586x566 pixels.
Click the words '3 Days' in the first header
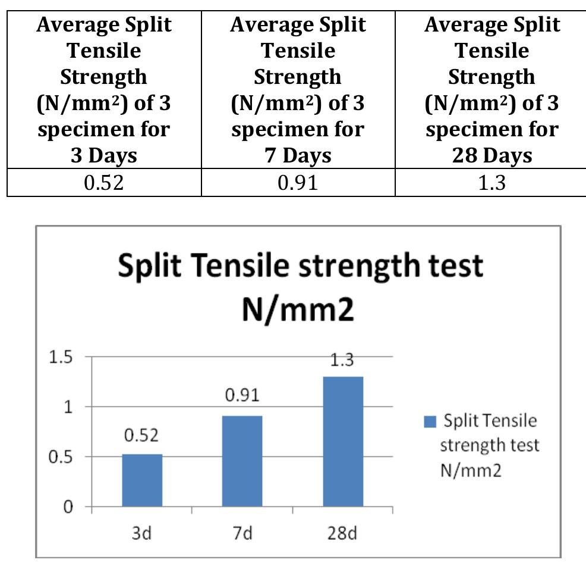(x=103, y=155)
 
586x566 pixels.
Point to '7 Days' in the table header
(x=298, y=155)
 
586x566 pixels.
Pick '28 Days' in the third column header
(x=492, y=155)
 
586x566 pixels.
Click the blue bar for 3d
(x=142, y=480)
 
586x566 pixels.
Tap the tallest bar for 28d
(x=342, y=442)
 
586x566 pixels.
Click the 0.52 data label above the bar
(x=141, y=436)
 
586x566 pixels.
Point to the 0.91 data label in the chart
(x=242, y=396)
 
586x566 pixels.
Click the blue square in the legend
(x=430, y=422)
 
